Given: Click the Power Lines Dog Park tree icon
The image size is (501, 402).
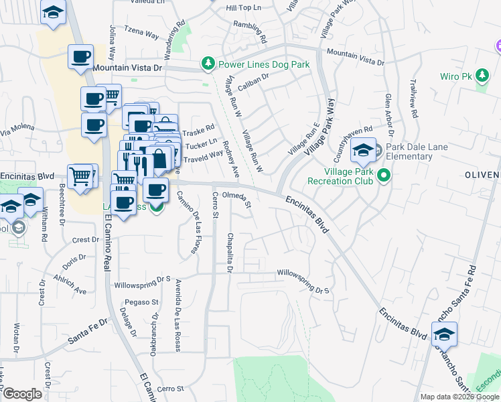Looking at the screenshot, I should pos(208,64).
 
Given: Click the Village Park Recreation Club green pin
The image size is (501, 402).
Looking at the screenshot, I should pos(384,176).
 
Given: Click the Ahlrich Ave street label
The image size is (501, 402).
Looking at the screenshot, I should pos(70,284).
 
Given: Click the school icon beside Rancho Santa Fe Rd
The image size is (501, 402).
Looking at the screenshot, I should pos(444,333).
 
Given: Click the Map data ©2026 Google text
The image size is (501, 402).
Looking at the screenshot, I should pos(459,397).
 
